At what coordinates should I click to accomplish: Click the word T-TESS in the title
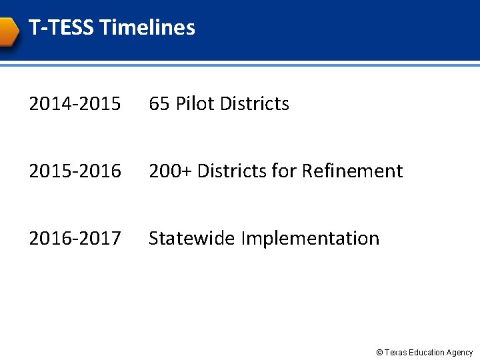tap(61, 28)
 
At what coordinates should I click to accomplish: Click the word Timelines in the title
tap(147, 28)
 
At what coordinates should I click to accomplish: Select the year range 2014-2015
tap(75, 104)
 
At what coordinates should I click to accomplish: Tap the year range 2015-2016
tap(75, 171)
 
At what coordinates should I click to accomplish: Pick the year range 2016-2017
tap(75, 238)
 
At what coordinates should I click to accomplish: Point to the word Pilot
tap(195, 104)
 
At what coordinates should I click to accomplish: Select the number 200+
tap(170, 171)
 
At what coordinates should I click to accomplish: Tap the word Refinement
tap(352, 171)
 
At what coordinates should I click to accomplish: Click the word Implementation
tap(310, 239)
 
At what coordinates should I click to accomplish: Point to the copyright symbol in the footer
tap(379, 353)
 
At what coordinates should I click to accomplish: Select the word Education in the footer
tap(427, 353)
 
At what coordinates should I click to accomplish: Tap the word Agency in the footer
tap(460, 353)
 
